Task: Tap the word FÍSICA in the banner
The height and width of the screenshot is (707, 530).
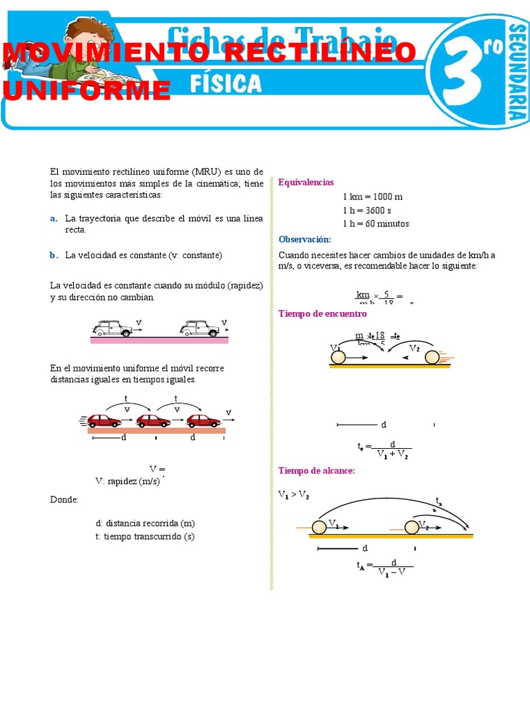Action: [226, 84]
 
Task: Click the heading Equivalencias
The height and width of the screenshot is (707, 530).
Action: [306, 182]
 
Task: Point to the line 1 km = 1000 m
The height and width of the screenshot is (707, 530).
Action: [372, 197]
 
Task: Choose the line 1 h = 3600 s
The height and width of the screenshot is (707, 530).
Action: [366, 211]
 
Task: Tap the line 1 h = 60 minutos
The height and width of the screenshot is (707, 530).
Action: [375, 224]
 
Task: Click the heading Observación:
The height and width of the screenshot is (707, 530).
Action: [305, 240]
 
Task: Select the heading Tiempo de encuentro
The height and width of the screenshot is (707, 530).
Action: [322, 313]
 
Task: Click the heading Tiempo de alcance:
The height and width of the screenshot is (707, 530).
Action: [316, 471]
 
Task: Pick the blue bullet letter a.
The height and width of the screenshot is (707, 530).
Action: [54, 218]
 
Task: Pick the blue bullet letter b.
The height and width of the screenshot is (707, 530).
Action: [54, 255]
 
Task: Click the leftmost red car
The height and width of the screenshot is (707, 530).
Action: [104, 420]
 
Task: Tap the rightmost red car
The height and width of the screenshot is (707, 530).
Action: [204, 420]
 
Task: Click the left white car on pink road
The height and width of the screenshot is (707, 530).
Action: [112, 329]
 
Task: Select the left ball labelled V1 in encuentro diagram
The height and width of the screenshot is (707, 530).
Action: [338, 358]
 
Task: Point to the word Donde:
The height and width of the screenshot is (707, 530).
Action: [64, 499]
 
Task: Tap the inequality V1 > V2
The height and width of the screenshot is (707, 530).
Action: [293, 496]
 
